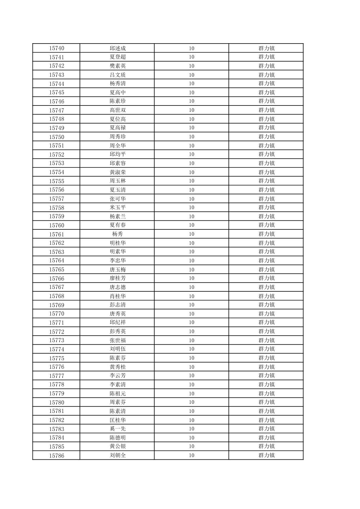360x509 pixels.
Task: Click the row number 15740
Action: click(56, 48)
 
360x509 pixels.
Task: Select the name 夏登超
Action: click(118, 57)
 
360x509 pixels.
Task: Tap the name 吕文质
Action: click(118, 75)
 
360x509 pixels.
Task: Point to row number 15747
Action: click(56, 110)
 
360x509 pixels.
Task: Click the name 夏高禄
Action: click(118, 128)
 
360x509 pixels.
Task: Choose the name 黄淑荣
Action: click(118, 172)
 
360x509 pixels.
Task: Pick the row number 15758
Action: click(56, 208)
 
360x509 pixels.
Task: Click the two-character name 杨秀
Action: click(118, 234)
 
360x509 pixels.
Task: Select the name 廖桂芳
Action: click(118, 278)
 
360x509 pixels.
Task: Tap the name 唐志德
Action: click(118, 287)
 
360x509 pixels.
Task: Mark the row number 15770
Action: click(56, 314)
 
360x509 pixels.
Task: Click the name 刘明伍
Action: click(118, 349)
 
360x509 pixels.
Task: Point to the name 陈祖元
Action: click(118, 393)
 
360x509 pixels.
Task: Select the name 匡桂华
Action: click(118, 420)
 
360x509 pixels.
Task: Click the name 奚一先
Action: click(118, 429)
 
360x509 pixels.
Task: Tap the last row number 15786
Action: click(56, 455)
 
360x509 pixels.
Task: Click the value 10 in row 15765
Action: click(191, 270)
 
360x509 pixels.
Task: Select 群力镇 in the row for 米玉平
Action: click(266, 208)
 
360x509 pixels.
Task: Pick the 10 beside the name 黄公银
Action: click(191, 446)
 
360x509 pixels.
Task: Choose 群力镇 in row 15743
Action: click(266, 75)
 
